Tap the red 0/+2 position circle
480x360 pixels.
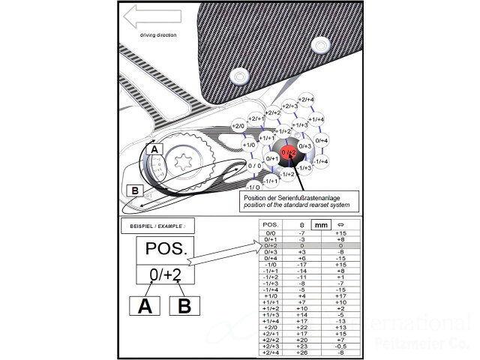(289, 152)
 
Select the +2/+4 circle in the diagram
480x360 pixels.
(306, 100)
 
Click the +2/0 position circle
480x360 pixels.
(238, 126)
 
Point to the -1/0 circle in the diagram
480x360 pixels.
(253, 187)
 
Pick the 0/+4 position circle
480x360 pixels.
(322, 140)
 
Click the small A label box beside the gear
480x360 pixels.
(153, 150)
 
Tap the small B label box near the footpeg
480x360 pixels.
(136, 190)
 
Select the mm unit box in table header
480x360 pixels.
(321, 224)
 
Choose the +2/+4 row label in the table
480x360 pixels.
(270, 352)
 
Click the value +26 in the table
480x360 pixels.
(301, 352)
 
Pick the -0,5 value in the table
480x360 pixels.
(340, 346)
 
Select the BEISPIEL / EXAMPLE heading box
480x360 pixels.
(153, 226)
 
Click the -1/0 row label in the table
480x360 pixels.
(270, 265)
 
